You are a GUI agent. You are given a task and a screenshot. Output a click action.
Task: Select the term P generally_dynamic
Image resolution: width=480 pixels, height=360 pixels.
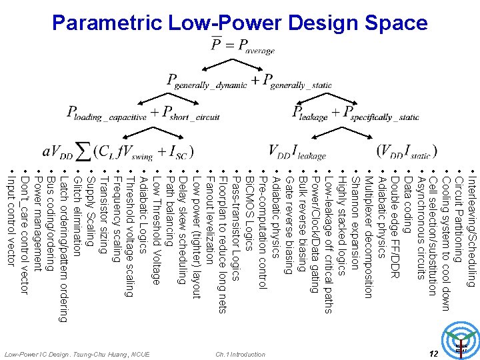click(207, 81)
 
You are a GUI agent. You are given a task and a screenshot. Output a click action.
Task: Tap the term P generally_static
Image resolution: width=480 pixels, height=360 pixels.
click(297, 81)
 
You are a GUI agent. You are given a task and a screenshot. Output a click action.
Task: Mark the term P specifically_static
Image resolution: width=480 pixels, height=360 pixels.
click(381, 114)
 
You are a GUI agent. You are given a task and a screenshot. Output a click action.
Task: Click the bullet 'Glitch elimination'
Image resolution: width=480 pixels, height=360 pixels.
click(76, 214)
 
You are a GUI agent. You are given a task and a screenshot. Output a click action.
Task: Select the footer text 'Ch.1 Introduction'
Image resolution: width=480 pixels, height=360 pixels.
click(241, 354)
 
